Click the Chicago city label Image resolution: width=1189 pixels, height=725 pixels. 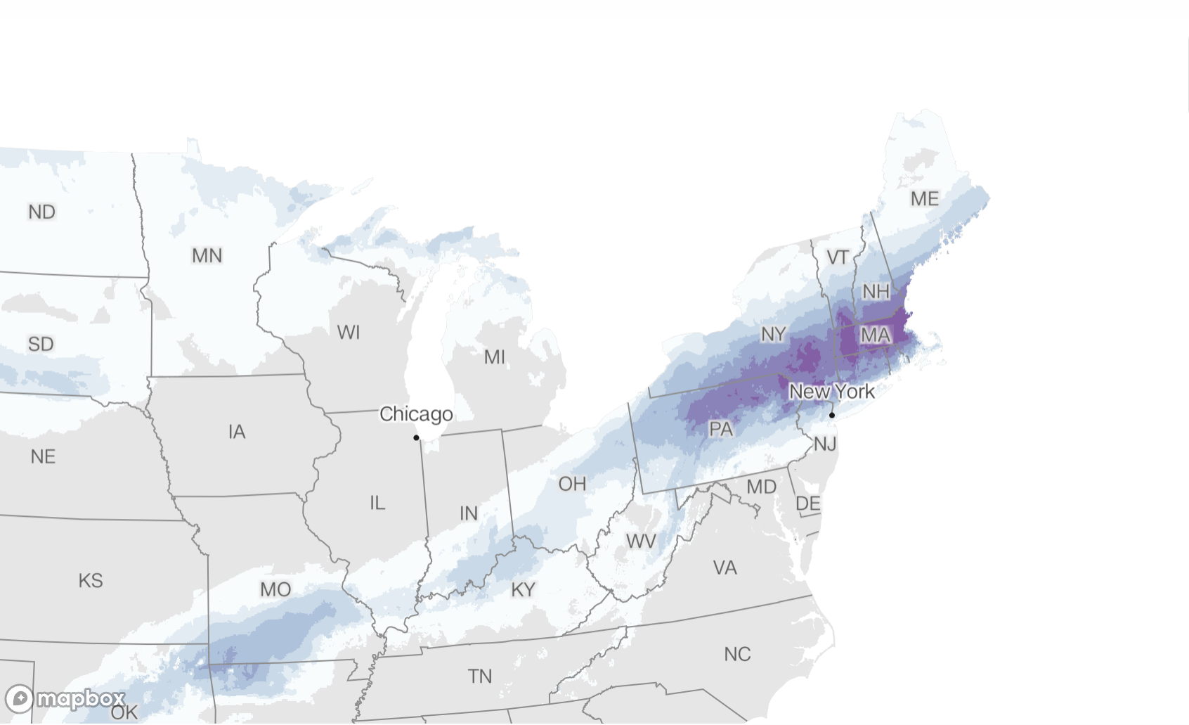point(416,414)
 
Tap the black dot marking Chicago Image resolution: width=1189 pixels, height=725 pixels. point(416,437)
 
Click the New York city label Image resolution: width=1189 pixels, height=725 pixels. point(832,392)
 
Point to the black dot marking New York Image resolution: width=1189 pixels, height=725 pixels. point(832,415)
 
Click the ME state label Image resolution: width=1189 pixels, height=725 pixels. point(925,199)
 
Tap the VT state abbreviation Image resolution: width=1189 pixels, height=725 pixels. point(838,257)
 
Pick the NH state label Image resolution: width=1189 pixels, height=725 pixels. point(876,291)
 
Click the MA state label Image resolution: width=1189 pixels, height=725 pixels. point(876,335)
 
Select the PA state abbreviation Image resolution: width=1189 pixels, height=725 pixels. point(721,429)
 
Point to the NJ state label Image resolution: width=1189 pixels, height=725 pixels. point(825,444)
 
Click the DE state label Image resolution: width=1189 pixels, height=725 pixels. point(808,503)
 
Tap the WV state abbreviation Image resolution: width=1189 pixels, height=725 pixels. point(641,541)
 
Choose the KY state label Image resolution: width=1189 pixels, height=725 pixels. point(524,589)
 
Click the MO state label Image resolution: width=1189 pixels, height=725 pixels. point(275,589)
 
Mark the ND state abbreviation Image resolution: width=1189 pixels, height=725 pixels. point(42,212)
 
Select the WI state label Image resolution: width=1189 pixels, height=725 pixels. point(349,332)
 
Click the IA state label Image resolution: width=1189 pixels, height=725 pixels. point(237,432)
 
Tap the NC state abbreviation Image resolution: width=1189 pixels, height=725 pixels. point(737,654)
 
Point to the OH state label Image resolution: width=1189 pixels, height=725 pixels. point(572,484)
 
